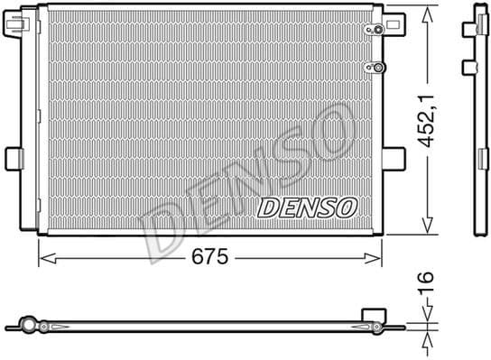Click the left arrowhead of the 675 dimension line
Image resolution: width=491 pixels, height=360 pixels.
43,258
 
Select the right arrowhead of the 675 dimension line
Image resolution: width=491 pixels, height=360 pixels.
377,258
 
